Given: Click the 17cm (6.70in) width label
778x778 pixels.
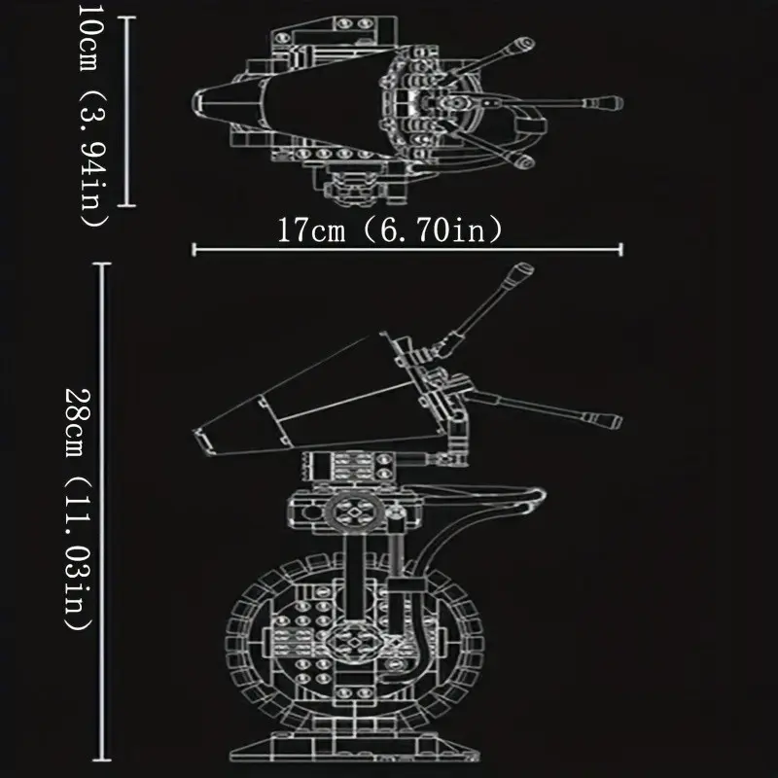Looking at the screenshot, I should point(389,230).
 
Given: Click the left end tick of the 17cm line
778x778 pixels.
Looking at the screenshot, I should point(194,250).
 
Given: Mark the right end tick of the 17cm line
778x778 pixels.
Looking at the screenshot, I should point(620,250).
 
